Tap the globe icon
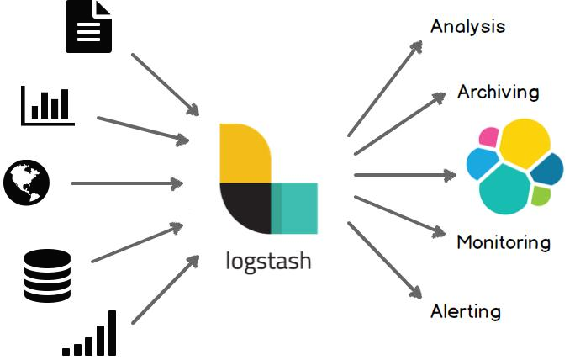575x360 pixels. (27, 183)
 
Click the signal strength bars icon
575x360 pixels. (90, 334)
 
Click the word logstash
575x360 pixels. (268, 260)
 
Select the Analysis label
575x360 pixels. (467, 26)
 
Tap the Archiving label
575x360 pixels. (498, 92)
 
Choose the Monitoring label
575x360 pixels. (503, 242)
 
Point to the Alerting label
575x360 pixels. (465, 311)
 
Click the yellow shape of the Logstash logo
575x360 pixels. (244, 153)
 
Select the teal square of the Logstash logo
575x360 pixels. (294, 208)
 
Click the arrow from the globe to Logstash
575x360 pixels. (127, 183)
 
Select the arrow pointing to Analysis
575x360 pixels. (385, 87)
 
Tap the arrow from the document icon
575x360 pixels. (165, 84)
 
